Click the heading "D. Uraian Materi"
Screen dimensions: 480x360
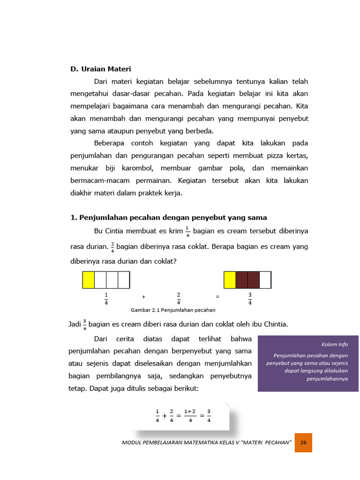[x=101, y=69]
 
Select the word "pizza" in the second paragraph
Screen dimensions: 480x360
[x=272, y=155]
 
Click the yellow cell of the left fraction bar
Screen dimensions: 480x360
[x=89, y=280]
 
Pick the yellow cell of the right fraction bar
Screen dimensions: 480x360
[x=230, y=280]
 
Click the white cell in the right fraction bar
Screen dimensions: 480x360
[x=265, y=280]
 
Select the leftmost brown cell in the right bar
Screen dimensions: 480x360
[x=241, y=280]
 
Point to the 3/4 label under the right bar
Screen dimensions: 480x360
[x=250, y=298]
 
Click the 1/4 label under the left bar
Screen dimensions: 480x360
[x=106, y=298]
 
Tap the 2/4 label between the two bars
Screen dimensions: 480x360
[x=179, y=298]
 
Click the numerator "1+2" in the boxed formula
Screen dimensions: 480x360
[x=189, y=412]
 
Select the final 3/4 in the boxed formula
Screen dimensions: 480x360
[x=209, y=416]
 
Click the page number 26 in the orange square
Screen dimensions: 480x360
[x=303, y=442]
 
